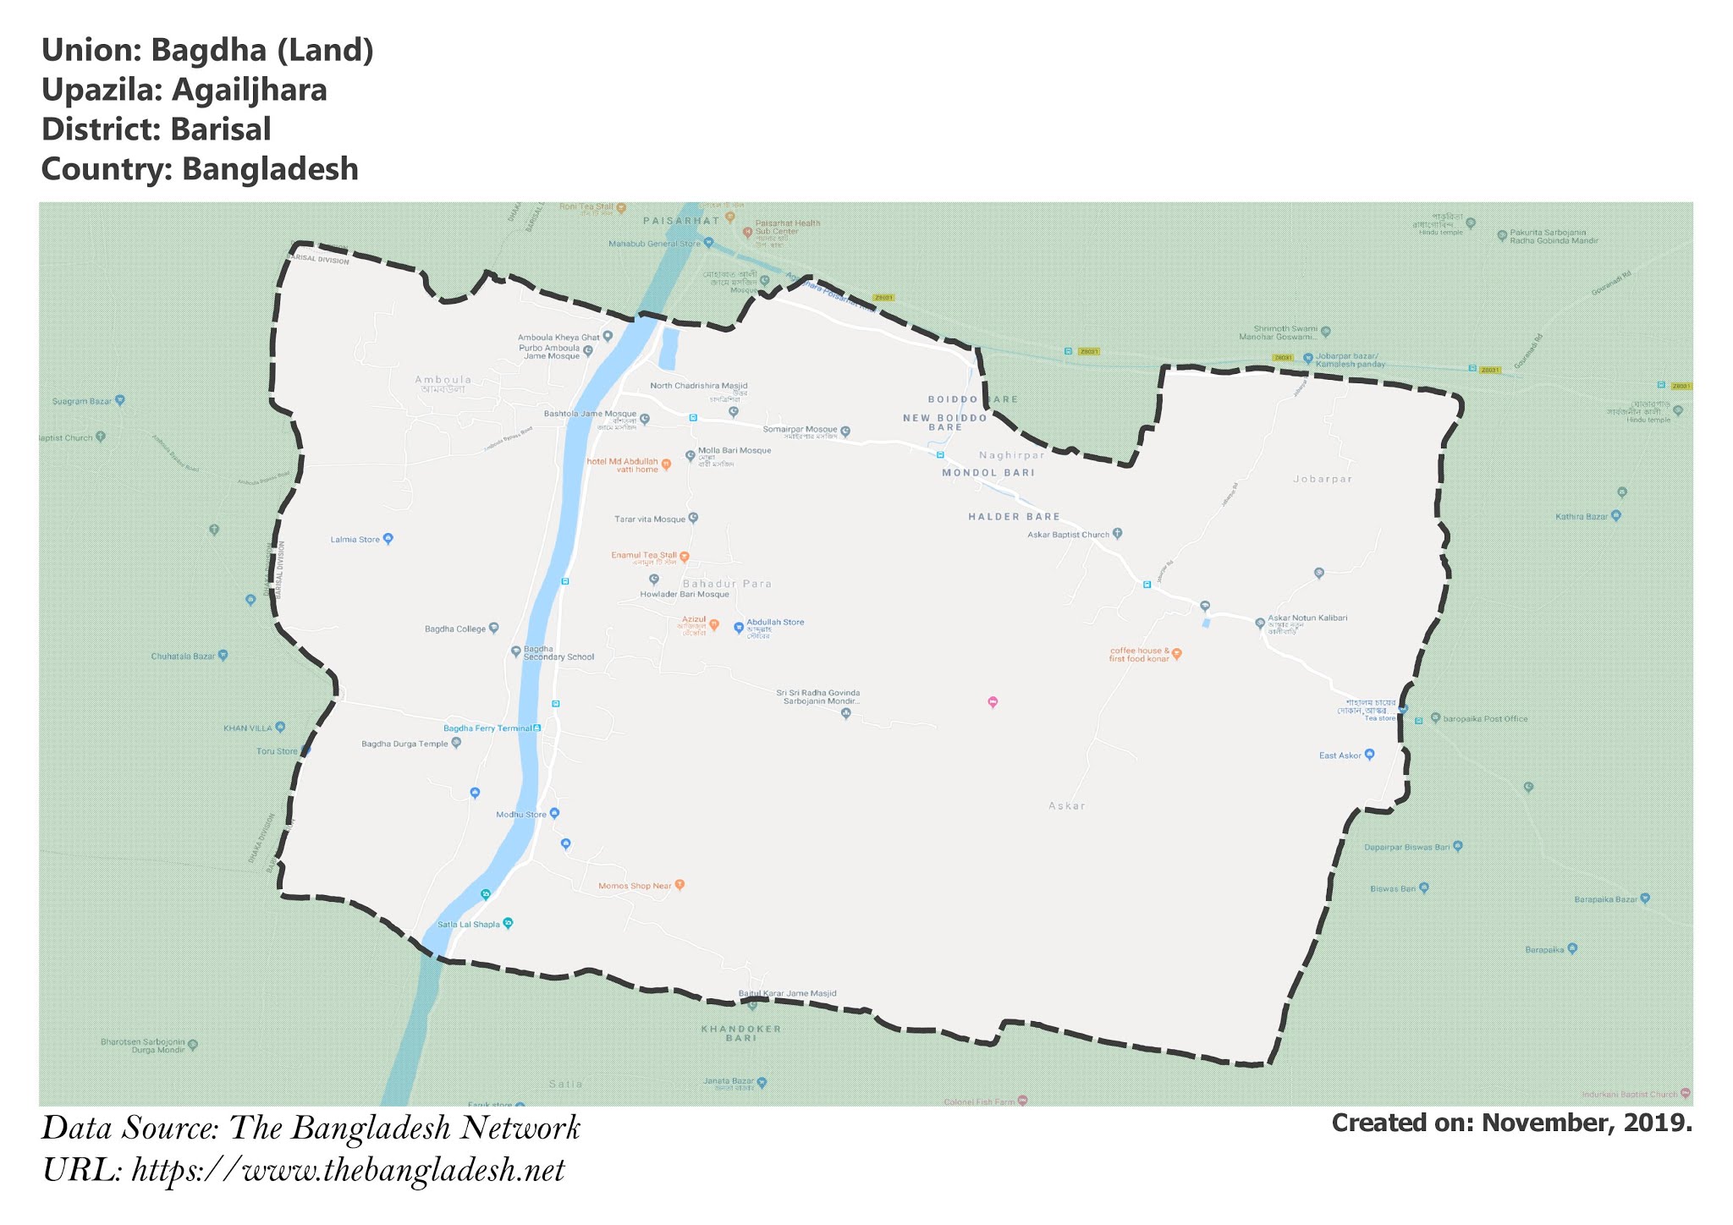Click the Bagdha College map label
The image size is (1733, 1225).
click(x=455, y=629)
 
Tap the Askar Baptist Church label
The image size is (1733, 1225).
click(x=1068, y=535)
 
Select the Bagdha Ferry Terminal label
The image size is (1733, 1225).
click(x=488, y=728)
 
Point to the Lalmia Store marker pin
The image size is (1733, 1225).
click(x=388, y=538)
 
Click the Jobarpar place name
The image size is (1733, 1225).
click(x=1323, y=479)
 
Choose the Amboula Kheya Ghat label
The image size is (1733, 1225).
click(x=558, y=338)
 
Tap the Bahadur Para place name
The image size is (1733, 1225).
click(x=727, y=584)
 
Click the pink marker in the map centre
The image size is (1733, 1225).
click(x=993, y=701)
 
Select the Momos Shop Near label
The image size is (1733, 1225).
click(x=635, y=886)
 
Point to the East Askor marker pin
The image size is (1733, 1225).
click(x=1369, y=754)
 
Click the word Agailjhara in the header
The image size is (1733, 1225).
click(x=249, y=90)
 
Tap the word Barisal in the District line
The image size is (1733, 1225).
click(x=220, y=129)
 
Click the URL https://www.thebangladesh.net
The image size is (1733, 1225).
click(x=348, y=1170)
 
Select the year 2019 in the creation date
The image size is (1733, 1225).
click(x=1659, y=1123)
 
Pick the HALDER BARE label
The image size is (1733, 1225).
click(x=1014, y=517)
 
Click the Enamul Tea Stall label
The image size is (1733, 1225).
click(x=644, y=556)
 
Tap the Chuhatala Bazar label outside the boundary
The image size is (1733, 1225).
click(x=183, y=656)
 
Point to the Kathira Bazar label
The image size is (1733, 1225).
click(x=1581, y=517)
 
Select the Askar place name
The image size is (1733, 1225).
click(x=1066, y=806)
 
